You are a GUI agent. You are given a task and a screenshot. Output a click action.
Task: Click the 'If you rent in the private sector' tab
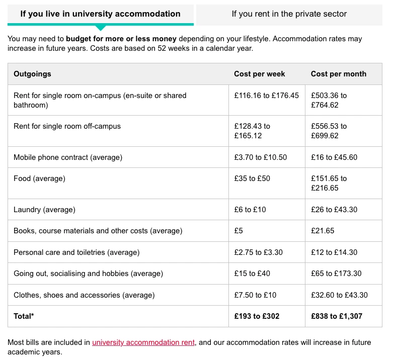click(289, 14)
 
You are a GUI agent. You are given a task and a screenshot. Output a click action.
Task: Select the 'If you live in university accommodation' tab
click(100, 14)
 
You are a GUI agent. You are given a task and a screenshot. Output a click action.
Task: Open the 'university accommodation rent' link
click(143, 342)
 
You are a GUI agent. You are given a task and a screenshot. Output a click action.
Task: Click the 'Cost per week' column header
click(259, 74)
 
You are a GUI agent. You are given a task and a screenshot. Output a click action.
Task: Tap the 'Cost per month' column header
click(338, 74)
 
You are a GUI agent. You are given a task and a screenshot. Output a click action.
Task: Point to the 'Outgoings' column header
click(32, 74)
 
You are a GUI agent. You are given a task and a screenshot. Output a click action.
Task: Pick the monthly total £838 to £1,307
click(336, 316)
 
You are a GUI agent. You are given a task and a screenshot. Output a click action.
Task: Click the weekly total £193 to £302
click(257, 316)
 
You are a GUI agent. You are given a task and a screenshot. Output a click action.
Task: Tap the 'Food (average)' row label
click(39, 178)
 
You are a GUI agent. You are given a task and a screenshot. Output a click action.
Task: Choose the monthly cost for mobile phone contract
click(334, 157)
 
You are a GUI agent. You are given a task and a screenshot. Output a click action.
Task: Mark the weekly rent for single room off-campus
click(252, 131)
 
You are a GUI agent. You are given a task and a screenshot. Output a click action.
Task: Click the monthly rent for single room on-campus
click(329, 100)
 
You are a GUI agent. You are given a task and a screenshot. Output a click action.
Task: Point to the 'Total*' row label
click(24, 316)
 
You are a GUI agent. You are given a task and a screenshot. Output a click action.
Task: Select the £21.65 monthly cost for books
click(323, 231)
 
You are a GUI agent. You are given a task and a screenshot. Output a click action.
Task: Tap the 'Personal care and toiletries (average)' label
click(76, 252)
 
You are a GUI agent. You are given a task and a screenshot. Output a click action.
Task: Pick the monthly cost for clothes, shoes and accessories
click(339, 295)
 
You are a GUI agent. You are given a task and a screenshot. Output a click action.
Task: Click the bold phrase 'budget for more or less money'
click(121, 39)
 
